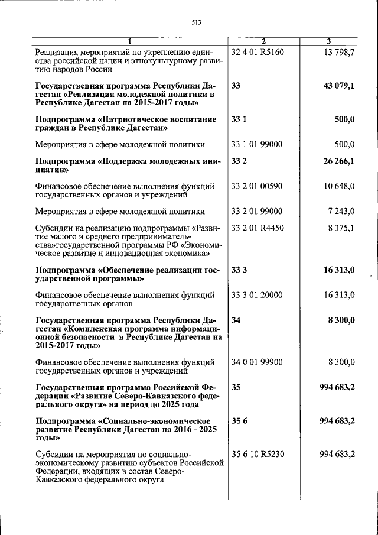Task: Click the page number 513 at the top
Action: click(197, 22)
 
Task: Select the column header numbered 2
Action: click(263, 41)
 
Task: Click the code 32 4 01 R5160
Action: click(258, 52)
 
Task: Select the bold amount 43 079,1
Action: click(338, 86)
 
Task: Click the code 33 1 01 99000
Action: click(257, 144)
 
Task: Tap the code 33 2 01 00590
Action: click(257, 186)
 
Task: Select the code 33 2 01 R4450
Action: click(258, 228)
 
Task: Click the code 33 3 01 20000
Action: click(257, 295)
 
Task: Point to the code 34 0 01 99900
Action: click(257, 362)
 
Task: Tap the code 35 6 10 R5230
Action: click(258, 454)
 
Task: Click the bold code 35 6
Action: click(237, 420)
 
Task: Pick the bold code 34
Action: click(236, 320)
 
